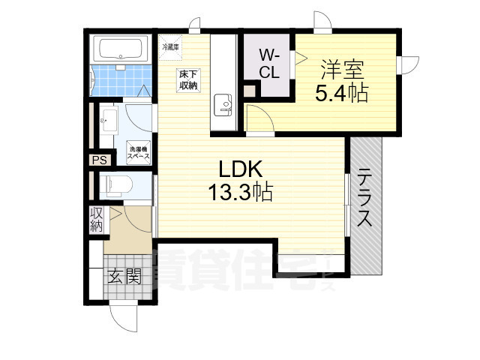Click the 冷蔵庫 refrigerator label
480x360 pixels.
[170, 46]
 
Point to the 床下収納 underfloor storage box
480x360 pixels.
[187, 79]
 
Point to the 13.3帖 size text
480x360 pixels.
[240, 193]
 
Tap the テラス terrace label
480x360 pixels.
[365, 198]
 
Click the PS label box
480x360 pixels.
[98, 160]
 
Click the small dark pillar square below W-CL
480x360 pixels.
[250, 93]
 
